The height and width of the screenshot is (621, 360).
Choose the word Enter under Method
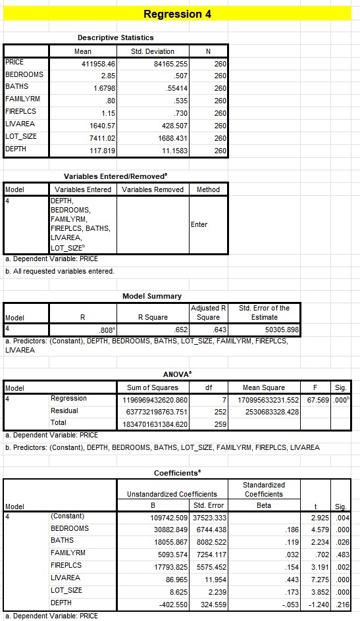point(199,224)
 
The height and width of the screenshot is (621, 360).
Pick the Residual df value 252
point(220,411)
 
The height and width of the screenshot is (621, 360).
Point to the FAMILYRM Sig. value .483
point(341,553)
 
